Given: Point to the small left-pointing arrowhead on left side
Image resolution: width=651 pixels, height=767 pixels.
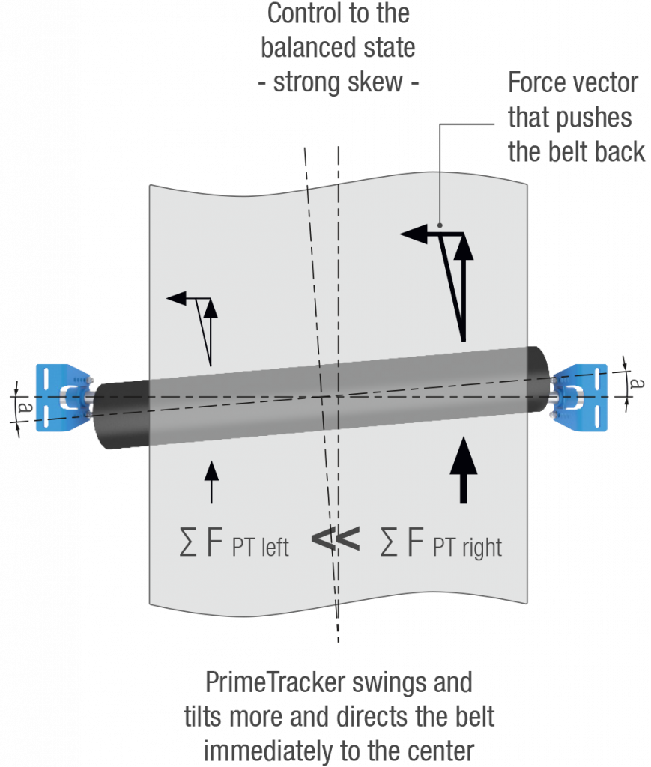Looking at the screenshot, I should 175,299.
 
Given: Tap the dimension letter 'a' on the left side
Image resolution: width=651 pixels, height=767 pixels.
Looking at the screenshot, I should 22,408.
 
